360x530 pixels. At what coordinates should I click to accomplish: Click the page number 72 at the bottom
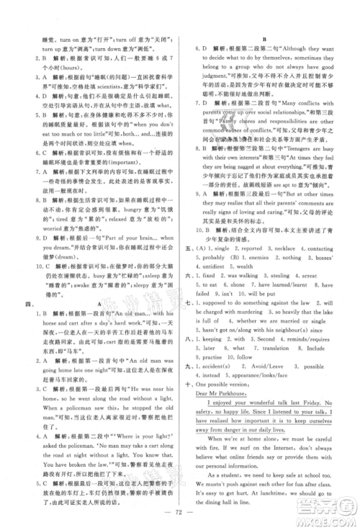[180, 516]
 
